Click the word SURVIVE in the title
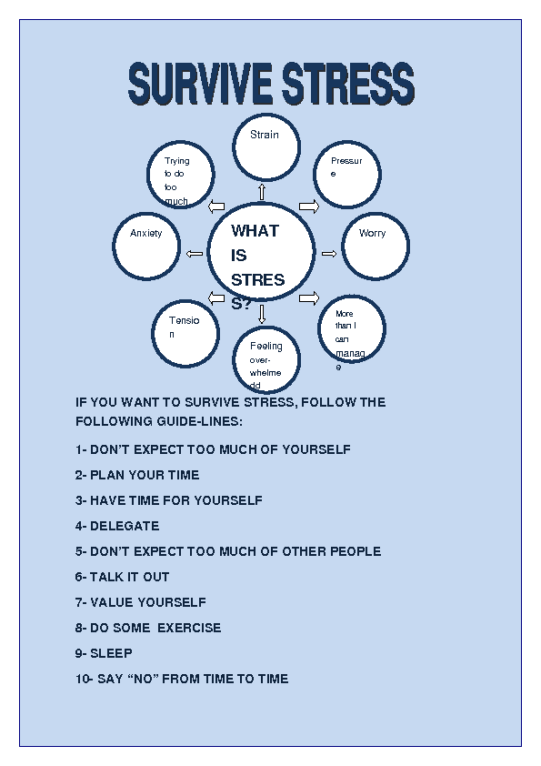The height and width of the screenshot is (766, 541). click(200, 83)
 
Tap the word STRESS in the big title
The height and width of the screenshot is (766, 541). click(348, 83)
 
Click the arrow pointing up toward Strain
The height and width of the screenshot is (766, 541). click(262, 192)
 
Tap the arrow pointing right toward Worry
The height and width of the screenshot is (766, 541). click(329, 254)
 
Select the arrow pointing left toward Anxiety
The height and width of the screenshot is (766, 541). click(195, 254)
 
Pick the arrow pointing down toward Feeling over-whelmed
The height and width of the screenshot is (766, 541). click(262, 314)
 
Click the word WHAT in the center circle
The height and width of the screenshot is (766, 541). click(255, 230)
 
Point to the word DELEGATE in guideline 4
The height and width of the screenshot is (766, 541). click(125, 526)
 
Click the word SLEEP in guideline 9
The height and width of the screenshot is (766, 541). click(111, 653)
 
